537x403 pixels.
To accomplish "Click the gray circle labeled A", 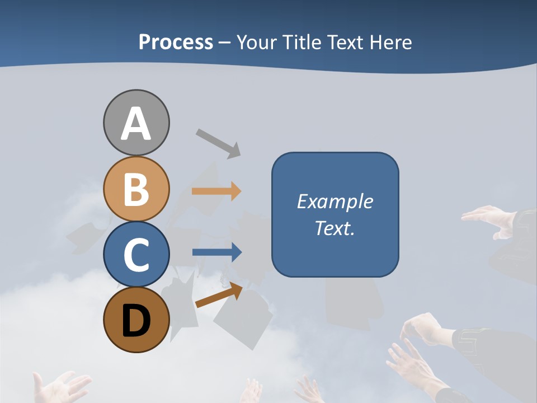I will tap(136, 123).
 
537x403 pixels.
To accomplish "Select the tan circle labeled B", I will tap(136, 189).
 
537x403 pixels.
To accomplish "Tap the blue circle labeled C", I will tap(136, 254).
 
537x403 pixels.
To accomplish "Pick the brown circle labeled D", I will tap(136, 320).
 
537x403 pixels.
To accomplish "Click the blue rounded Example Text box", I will tap(335, 214).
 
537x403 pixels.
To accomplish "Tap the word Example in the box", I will tap(335, 201).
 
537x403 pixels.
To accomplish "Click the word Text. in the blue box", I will tap(335, 228).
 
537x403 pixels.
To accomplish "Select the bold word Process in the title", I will tap(176, 42).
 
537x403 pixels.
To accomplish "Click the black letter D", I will tap(136, 321).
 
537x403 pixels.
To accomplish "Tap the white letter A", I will tap(136, 124).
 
